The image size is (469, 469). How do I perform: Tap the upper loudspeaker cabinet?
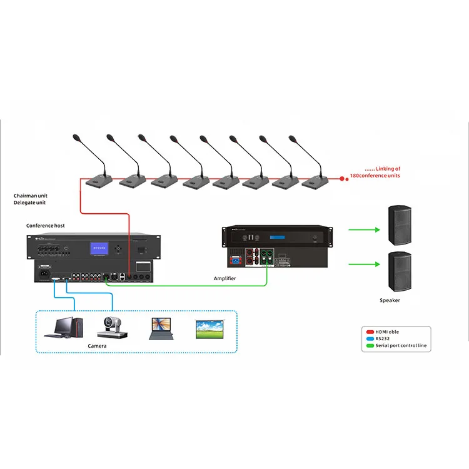399,224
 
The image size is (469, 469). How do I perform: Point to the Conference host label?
45,225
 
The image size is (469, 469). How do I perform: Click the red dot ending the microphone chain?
341,178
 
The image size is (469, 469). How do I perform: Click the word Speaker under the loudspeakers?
390,301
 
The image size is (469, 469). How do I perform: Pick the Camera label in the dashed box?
97,346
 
